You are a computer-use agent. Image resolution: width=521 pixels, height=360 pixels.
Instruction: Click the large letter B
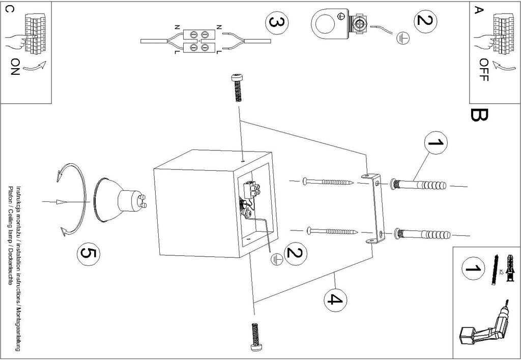pyautogui.click(x=479, y=116)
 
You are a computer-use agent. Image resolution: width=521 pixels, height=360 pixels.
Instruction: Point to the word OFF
pyautogui.click(x=483, y=70)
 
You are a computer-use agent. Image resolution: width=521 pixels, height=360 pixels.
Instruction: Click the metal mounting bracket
pyautogui.click(x=375, y=209)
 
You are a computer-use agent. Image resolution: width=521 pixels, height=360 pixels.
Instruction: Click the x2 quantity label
pyautogui.click(x=501, y=272)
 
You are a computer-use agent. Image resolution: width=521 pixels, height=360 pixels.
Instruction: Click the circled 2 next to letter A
pyautogui.click(x=425, y=21)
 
